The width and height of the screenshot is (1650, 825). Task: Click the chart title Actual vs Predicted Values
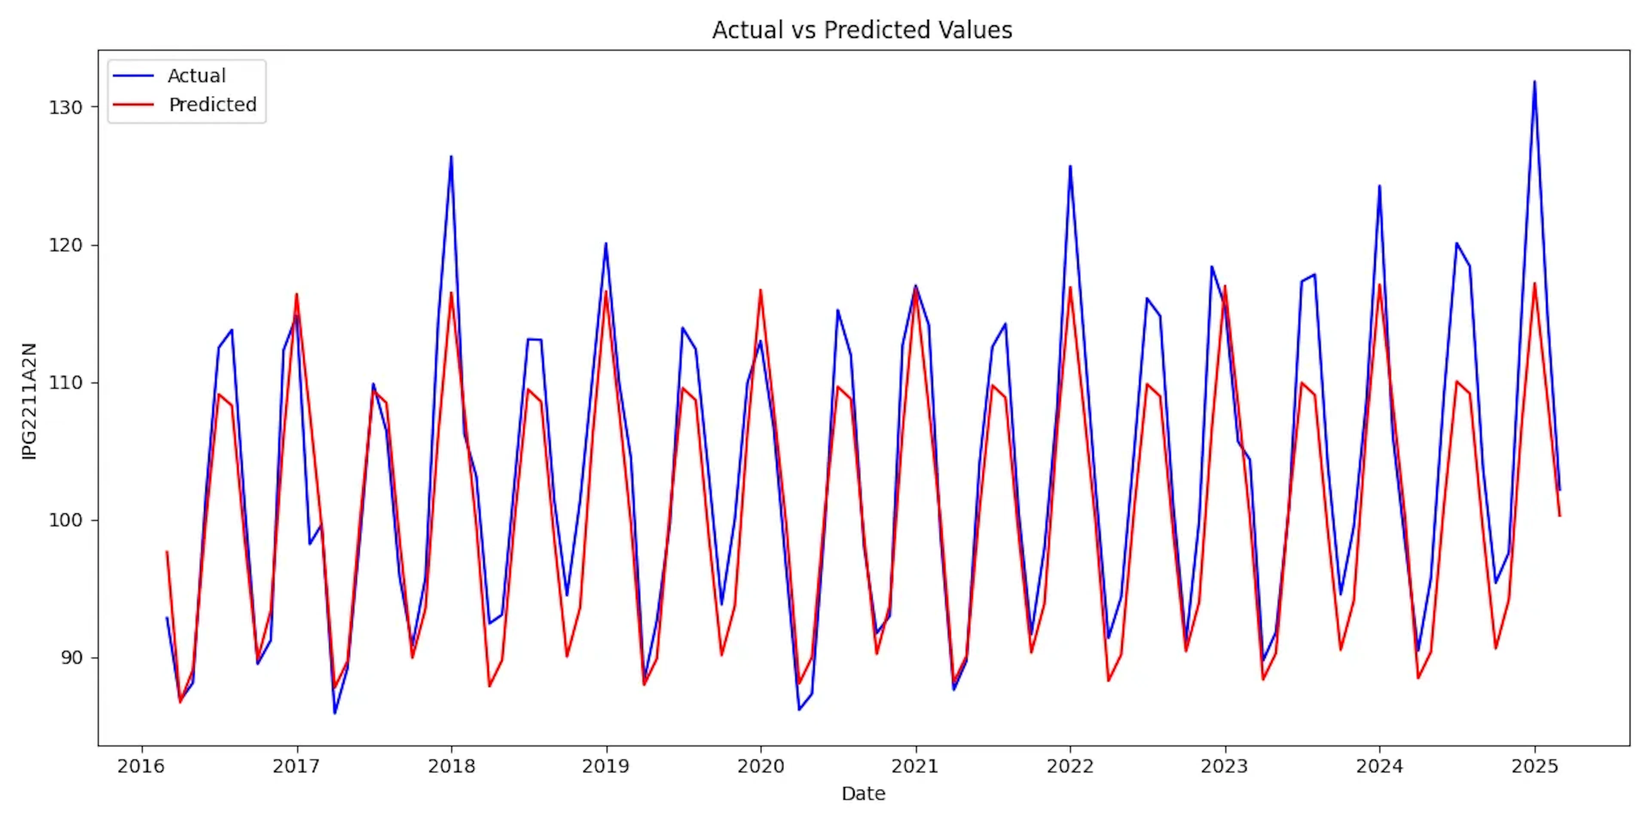pyautogui.click(x=862, y=30)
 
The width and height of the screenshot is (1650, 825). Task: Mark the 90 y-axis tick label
pyautogui.click(x=71, y=658)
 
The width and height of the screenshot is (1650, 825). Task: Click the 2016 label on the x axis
pyautogui.click(x=141, y=766)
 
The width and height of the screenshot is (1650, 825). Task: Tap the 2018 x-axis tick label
pyautogui.click(x=451, y=766)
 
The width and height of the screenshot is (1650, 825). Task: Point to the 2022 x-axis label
pyautogui.click(x=1069, y=766)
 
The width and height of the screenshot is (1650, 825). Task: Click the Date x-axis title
pyautogui.click(x=863, y=794)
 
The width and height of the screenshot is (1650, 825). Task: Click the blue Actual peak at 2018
pyautogui.click(x=451, y=156)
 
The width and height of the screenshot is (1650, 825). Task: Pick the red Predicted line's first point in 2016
pyautogui.click(x=167, y=551)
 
